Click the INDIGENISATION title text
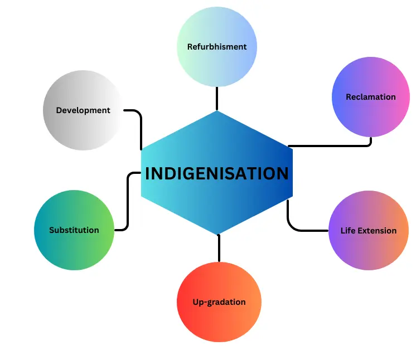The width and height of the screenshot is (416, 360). (x=217, y=173)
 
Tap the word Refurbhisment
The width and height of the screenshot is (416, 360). (x=217, y=47)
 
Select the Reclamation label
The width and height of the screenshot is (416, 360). (x=370, y=97)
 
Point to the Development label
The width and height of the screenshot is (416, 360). (x=83, y=110)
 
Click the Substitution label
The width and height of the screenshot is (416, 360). (x=74, y=230)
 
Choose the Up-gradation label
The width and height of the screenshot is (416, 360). (x=219, y=302)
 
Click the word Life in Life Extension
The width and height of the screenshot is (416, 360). (x=349, y=231)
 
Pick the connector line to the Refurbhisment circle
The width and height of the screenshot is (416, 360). (x=217, y=99)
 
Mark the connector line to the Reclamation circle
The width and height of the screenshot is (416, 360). (x=335, y=145)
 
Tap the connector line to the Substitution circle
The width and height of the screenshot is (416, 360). (x=128, y=201)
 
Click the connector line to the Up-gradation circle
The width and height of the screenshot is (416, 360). (x=219, y=249)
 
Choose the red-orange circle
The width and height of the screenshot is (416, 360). (x=219, y=323)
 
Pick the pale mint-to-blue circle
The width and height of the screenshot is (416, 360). (x=217, y=28)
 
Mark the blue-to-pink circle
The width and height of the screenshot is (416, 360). (x=370, y=117)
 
